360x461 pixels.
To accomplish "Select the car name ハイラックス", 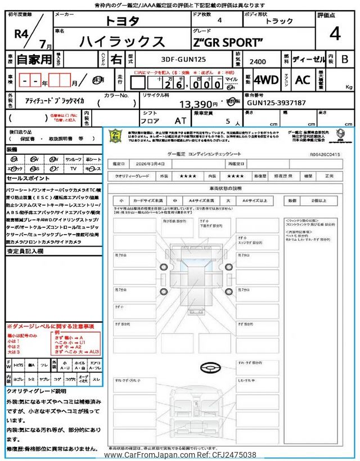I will click(123, 42).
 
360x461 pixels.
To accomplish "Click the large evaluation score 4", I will click(335, 35).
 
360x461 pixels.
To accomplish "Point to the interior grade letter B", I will click(344, 59).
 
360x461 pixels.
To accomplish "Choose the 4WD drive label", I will click(266, 80).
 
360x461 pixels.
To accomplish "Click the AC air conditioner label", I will click(302, 80).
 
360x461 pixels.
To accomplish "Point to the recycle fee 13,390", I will click(197, 104).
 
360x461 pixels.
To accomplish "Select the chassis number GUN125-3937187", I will click(276, 103).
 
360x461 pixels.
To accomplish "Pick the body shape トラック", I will click(279, 22).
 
